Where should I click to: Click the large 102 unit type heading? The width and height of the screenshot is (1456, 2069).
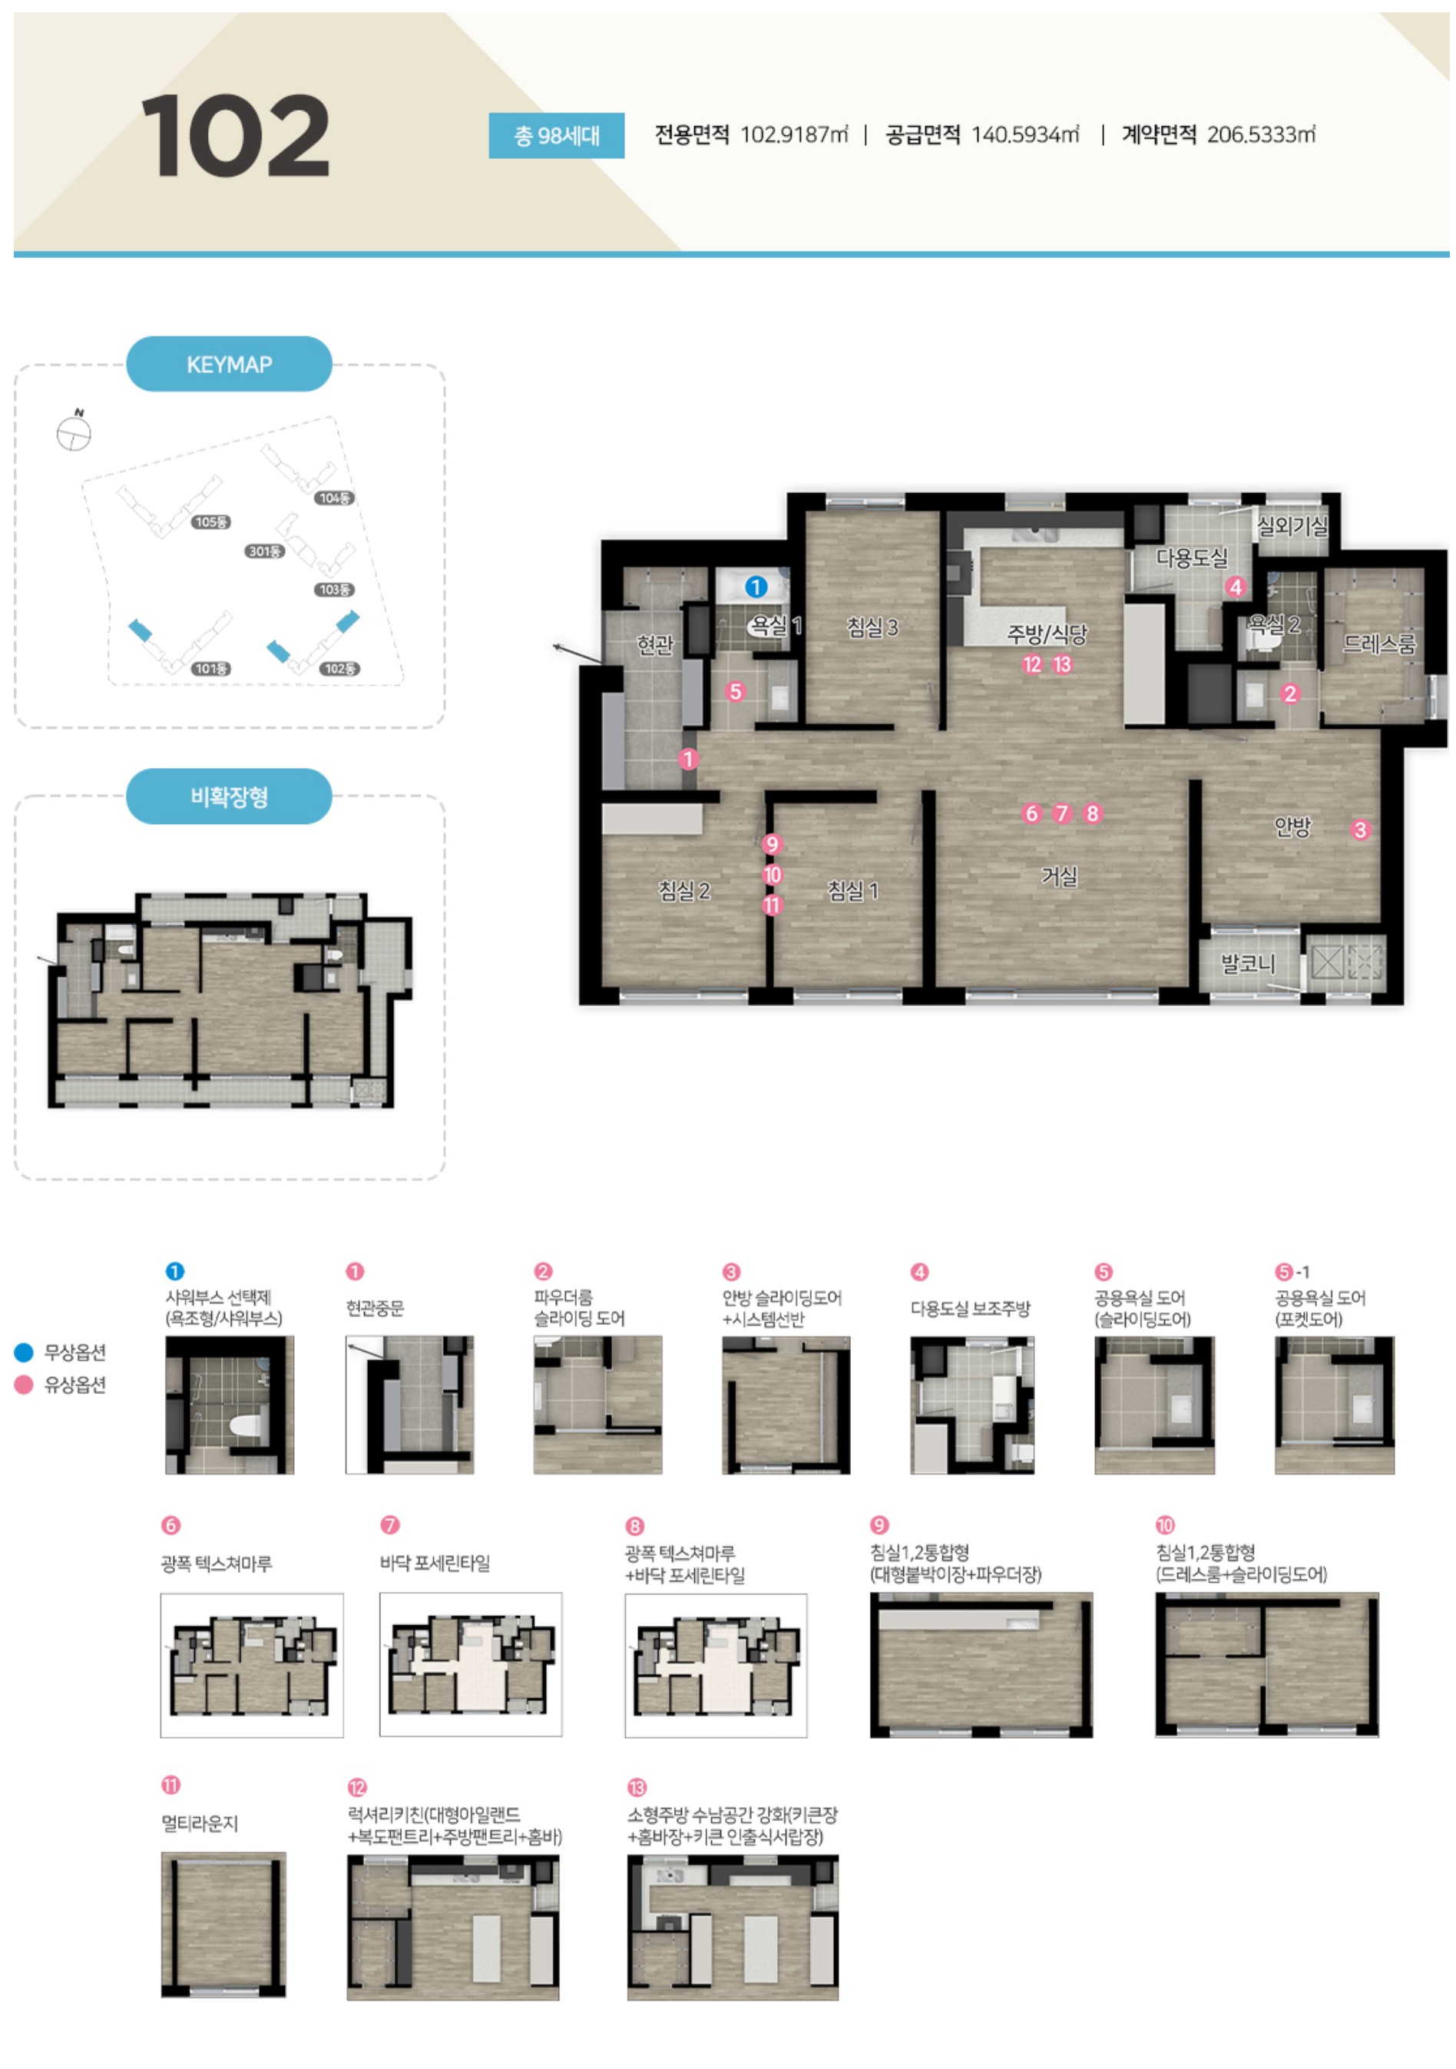235,135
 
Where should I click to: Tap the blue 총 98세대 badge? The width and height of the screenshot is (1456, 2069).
556,135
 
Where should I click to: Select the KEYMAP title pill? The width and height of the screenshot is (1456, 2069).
229,364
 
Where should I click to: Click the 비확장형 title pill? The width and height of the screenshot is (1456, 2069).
229,796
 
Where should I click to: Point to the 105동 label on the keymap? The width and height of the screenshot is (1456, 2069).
212,521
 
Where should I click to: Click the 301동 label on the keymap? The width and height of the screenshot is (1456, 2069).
265,551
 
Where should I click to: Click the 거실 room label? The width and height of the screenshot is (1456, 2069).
1059,875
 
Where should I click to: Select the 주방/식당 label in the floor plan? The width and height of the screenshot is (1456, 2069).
1047,634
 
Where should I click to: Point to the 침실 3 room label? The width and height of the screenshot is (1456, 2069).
872,626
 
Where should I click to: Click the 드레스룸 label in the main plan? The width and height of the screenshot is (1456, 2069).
1378,643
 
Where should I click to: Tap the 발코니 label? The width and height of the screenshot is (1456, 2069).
1248,963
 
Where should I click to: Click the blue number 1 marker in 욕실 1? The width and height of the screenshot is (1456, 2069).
756,587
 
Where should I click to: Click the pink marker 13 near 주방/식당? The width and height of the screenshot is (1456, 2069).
1062,664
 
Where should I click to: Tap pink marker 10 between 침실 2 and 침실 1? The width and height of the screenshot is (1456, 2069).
772,874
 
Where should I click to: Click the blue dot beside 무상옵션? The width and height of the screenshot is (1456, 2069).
25,1352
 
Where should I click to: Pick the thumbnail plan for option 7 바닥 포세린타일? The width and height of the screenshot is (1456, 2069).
470,1663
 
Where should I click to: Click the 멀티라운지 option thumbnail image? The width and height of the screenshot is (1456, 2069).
223,1924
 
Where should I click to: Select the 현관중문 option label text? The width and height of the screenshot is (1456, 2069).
375,1308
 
